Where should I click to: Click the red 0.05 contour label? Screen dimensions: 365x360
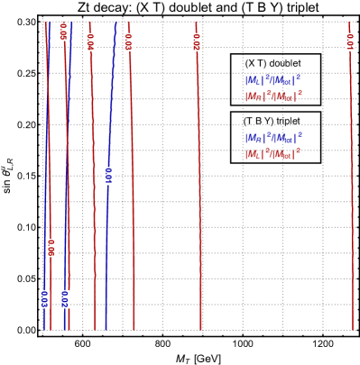[63, 32]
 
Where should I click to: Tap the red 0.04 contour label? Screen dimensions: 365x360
[90, 41]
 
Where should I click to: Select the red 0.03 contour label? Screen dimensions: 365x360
[128, 41]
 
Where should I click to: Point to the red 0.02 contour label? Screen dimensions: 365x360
[197, 41]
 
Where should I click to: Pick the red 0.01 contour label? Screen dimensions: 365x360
[350, 41]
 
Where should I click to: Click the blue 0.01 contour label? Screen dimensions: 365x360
[108, 176]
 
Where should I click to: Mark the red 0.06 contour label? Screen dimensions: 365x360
[51, 247]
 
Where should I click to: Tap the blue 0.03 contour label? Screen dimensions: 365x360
[43, 299]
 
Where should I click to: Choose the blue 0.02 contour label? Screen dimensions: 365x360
[65, 299]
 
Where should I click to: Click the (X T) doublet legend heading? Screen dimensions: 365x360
[273, 63]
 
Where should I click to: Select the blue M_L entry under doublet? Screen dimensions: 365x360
[273, 79]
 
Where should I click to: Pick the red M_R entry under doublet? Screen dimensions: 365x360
[273, 96]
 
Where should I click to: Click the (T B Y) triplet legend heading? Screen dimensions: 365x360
[273, 121]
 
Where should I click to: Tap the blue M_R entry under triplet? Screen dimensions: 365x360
[273, 137]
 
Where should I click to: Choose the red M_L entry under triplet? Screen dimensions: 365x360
[273, 153]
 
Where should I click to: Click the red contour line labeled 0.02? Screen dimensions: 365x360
[198, 180]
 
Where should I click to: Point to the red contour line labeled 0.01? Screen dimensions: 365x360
[351, 180]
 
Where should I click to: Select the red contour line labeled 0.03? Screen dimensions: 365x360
[132, 180]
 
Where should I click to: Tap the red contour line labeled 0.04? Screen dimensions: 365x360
[93, 180]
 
